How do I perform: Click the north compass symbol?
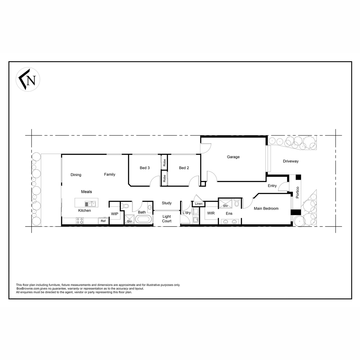[x=28, y=79]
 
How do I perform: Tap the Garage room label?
[x=233, y=157]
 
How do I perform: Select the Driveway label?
[x=291, y=161]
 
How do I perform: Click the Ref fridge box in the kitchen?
[x=103, y=221]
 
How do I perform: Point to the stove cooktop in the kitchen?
[x=80, y=220]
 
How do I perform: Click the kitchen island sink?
[x=90, y=204]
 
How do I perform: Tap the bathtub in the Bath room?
[x=143, y=219]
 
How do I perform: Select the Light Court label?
[x=166, y=219]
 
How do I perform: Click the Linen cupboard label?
[x=199, y=204]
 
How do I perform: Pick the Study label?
[x=166, y=203]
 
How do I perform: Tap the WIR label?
[x=211, y=213]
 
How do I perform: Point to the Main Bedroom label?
[x=266, y=208]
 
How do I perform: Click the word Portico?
[x=298, y=192]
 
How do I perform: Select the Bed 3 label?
[x=145, y=168]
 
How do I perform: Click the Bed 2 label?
[x=184, y=168]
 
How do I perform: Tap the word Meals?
[x=86, y=192]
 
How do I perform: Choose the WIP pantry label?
[x=115, y=214]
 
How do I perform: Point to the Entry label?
[x=272, y=186]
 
